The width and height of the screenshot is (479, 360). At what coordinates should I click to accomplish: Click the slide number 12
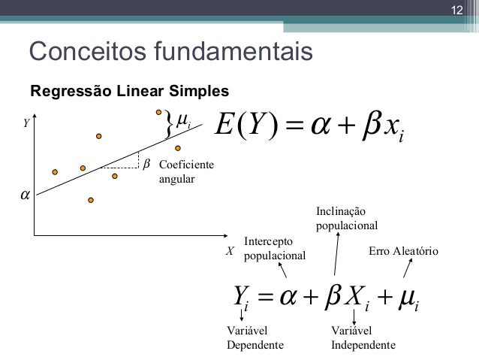[456, 11]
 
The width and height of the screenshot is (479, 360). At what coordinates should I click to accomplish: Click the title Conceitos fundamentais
[170, 52]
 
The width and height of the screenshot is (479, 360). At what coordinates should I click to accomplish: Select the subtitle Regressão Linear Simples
[128, 92]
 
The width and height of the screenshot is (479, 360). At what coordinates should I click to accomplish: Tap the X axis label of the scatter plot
[230, 251]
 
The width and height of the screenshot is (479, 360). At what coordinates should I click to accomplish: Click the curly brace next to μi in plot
[169, 124]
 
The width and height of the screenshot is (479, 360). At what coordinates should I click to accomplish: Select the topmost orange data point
[159, 112]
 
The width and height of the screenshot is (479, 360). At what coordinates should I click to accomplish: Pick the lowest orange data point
[91, 201]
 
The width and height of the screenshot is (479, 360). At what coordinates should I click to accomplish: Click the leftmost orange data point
[54, 171]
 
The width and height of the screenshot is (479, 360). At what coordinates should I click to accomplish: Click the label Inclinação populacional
[346, 218]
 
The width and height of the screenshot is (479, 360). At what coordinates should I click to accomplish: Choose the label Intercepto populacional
[275, 248]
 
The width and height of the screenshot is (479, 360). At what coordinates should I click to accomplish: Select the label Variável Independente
[363, 337]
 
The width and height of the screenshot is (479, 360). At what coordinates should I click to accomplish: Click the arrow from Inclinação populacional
[337, 253]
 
